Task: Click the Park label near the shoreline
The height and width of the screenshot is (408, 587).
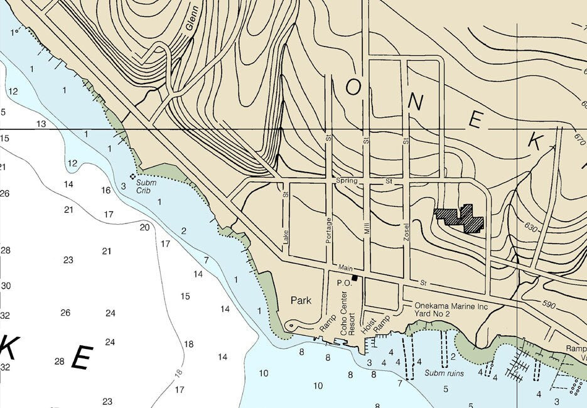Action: [301, 301]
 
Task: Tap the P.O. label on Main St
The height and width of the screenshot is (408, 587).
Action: [343, 283]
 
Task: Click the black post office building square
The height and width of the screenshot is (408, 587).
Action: [355, 278]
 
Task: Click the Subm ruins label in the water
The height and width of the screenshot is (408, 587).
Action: [444, 373]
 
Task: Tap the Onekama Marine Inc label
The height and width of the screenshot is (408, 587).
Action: [451, 306]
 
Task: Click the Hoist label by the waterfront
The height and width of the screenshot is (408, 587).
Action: [368, 321]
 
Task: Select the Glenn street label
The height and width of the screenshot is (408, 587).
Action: [192, 19]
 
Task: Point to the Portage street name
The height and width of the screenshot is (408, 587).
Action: [328, 231]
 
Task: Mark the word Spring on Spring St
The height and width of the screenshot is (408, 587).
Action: [347, 181]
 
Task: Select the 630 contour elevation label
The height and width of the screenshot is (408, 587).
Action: [529, 228]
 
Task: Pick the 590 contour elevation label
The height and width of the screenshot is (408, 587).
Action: [548, 305]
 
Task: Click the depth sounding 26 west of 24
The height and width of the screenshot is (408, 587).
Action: [65, 313]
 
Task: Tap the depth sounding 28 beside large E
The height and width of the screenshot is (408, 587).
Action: [60, 361]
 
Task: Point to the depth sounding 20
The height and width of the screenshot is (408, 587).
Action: [144, 227]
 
